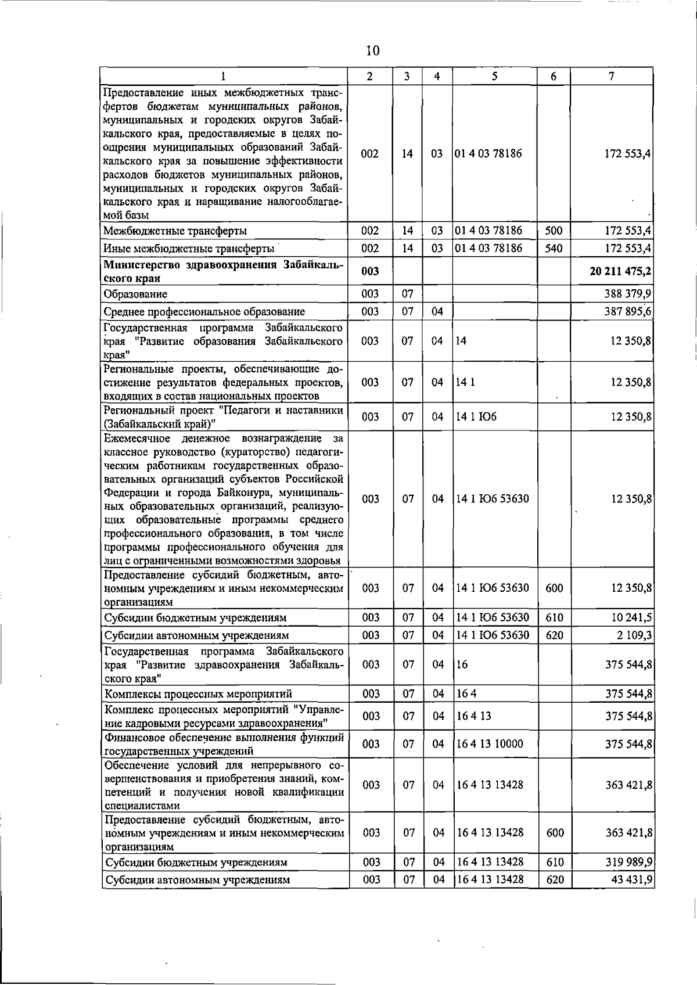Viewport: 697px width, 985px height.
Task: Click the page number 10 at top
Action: point(373,51)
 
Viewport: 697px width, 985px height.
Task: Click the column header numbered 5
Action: point(494,77)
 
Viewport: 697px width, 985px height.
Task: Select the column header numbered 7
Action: point(612,77)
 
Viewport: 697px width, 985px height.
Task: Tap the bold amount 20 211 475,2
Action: point(620,272)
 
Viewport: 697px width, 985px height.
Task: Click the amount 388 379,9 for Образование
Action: point(627,294)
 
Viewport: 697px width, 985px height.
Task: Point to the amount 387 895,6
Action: point(627,312)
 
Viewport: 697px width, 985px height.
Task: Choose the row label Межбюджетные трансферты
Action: point(175,231)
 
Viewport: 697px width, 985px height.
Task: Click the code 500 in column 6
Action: point(554,231)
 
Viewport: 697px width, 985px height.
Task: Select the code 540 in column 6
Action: point(554,249)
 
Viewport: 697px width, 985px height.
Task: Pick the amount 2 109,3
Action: point(634,635)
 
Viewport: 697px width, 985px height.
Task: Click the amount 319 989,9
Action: point(627,862)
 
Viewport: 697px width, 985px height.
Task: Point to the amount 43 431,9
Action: point(631,880)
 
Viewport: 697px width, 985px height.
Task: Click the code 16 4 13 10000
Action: point(490,744)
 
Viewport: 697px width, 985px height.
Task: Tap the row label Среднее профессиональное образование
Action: point(204,312)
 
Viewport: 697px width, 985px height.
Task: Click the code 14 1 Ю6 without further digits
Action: point(476,417)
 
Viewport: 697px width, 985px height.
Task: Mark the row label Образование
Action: point(135,294)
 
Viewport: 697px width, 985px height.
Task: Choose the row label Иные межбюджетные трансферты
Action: point(189,249)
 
